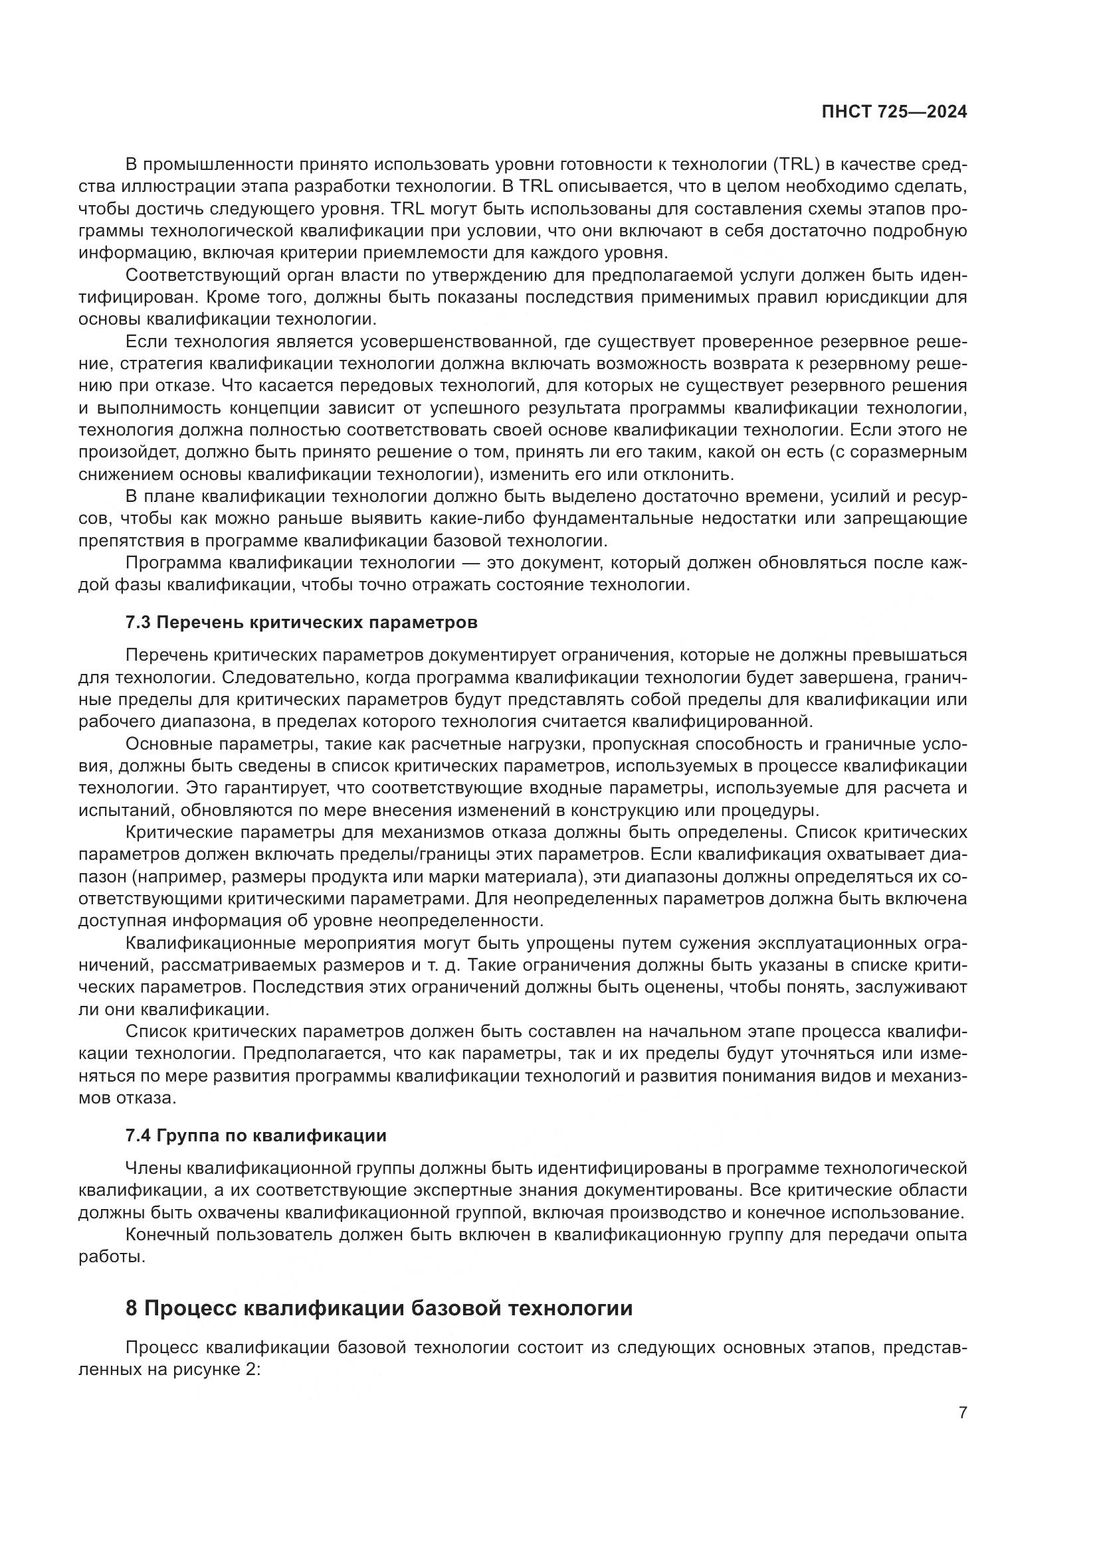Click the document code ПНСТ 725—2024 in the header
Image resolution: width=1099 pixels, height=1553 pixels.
(894, 112)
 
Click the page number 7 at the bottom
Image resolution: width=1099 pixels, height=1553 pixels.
(962, 1412)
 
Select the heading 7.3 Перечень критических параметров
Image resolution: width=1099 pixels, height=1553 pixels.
(301, 622)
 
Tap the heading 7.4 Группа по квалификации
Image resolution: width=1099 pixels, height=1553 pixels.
(256, 1135)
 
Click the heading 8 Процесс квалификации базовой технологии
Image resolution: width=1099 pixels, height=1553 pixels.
(379, 1307)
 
